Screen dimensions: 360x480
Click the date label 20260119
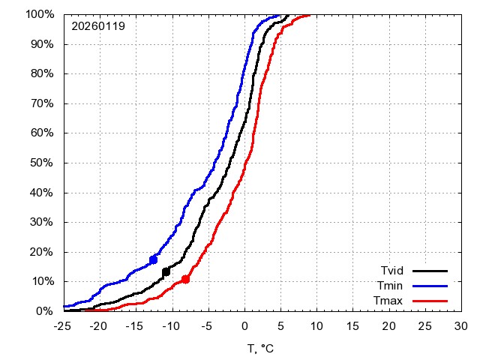pos(98,26)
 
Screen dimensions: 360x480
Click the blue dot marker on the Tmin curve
pos(154,259)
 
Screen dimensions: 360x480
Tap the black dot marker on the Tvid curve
pos(166,271)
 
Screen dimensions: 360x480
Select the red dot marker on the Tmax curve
pos(185,279)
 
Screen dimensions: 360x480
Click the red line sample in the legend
pos(430,301)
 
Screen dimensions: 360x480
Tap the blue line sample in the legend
pos(430,286)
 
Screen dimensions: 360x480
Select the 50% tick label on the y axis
pos(42,163)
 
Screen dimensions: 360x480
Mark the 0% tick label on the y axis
pos(45,310)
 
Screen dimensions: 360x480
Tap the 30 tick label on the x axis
pos(460,326)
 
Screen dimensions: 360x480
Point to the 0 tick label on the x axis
pos(244,326)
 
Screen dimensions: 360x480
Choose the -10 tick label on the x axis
pos(171,326)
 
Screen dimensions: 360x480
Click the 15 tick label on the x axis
pos(352,326)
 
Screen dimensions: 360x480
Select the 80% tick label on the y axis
pos(42,73)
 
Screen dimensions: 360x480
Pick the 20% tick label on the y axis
pos(42,251)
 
